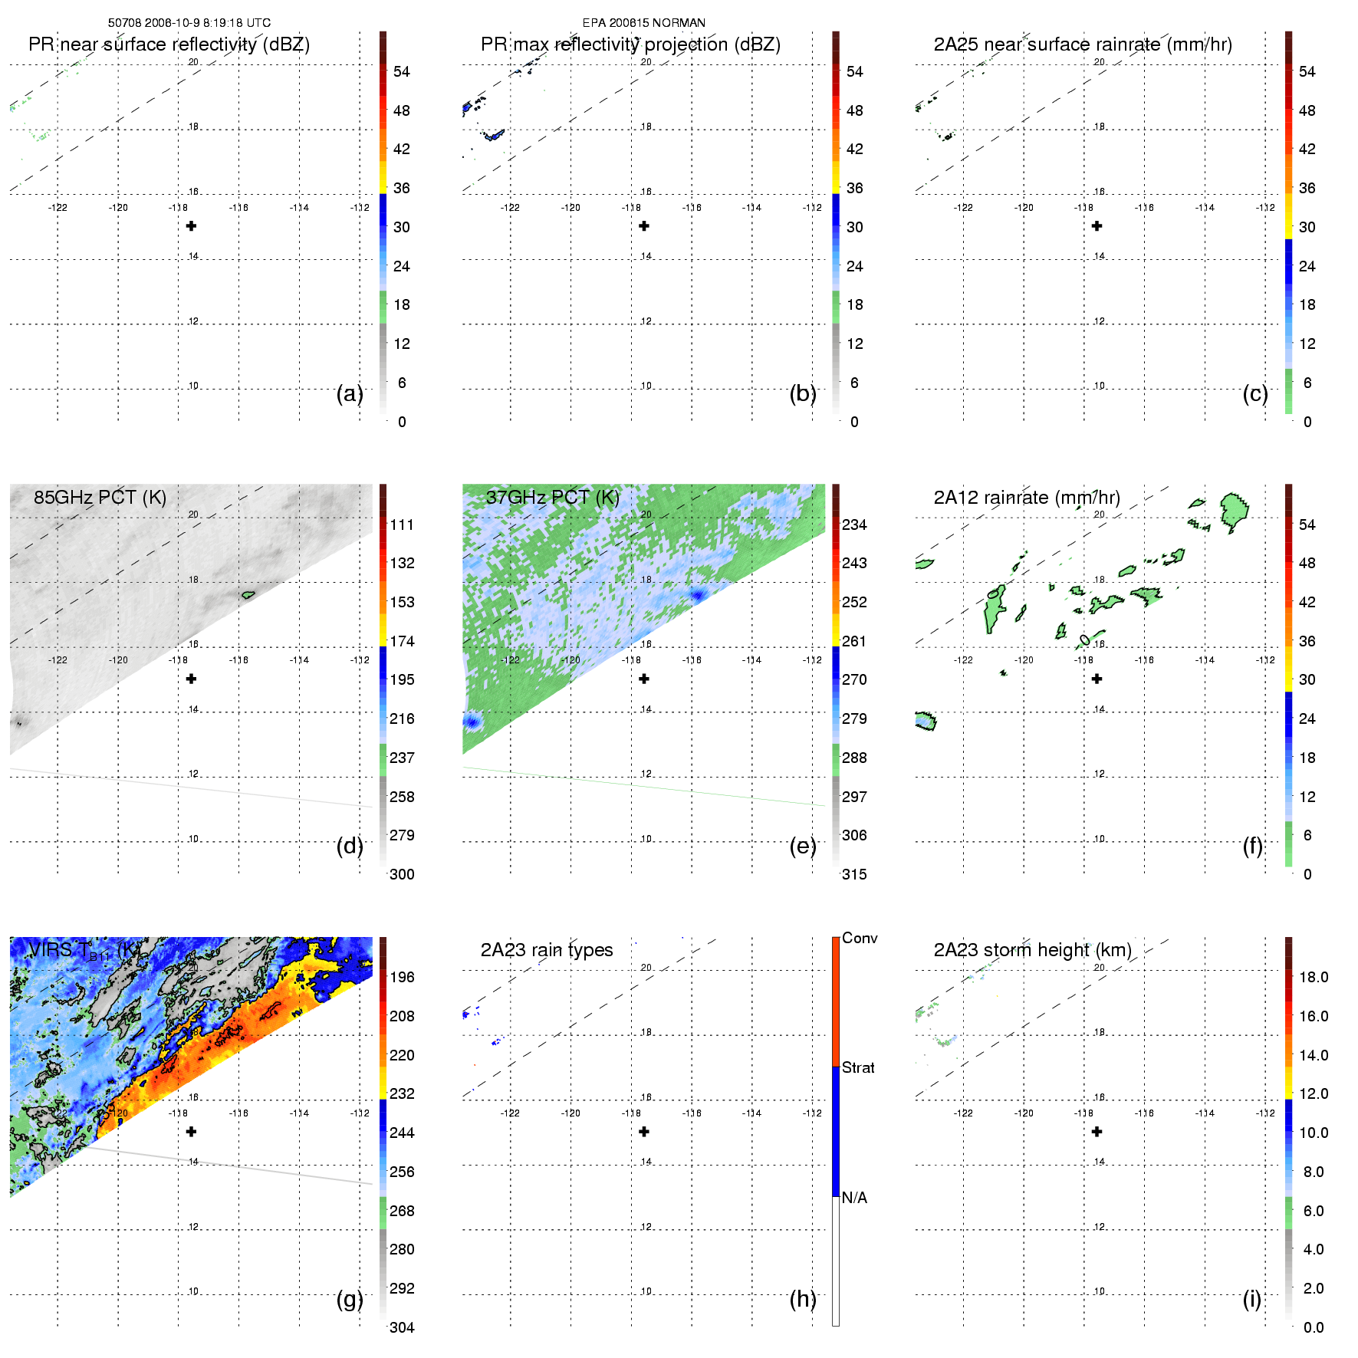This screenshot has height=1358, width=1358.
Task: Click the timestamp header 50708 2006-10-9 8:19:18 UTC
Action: [189, 23]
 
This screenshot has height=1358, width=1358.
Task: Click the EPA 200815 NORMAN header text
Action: [643, 23]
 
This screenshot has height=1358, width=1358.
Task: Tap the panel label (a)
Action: [350, 393]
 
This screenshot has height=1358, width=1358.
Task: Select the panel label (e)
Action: [803, 846]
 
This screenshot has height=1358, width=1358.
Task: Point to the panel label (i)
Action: [1252, 1299]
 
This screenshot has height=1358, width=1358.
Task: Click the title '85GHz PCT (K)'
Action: [100, 498]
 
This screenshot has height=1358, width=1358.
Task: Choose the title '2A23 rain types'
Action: [547, 950]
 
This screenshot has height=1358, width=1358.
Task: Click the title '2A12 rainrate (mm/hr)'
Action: [1027, 498]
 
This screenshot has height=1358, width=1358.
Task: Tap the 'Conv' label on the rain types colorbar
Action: [860, 938]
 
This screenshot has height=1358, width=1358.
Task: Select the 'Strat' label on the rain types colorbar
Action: [858, 1067]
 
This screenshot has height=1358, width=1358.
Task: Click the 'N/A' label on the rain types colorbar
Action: [854, 1198]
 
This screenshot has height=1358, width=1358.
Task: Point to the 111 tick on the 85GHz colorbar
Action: [402, 524]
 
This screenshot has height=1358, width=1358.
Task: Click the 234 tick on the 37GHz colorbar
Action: [854, 524]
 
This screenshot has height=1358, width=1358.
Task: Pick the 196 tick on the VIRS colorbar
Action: [402, 977]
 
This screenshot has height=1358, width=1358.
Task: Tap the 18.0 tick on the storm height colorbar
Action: [1314, 977]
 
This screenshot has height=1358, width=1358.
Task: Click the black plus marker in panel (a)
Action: [192, 226]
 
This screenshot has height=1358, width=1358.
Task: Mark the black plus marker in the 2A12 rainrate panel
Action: [1097, 679]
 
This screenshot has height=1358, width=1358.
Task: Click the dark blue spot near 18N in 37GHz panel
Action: [697, 594]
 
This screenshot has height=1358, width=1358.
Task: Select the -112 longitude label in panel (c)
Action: [1265, 208]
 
